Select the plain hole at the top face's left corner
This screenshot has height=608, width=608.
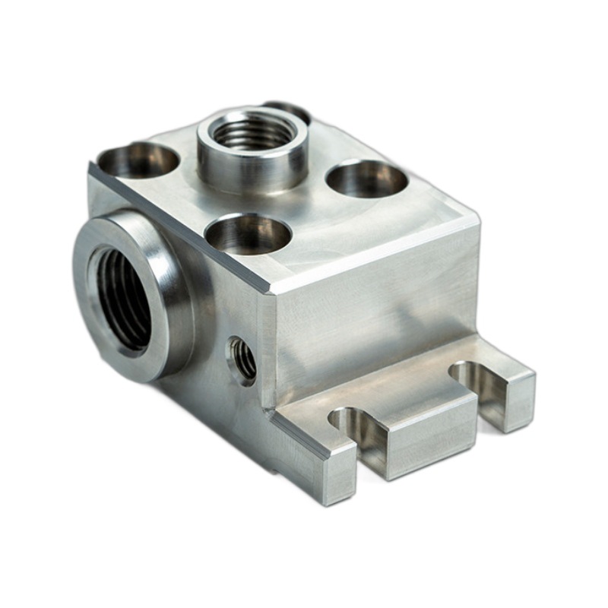(x=139, y=160)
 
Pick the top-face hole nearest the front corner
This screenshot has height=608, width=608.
(x=248, y=233)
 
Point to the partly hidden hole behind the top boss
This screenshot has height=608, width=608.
(x=292, y=109)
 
